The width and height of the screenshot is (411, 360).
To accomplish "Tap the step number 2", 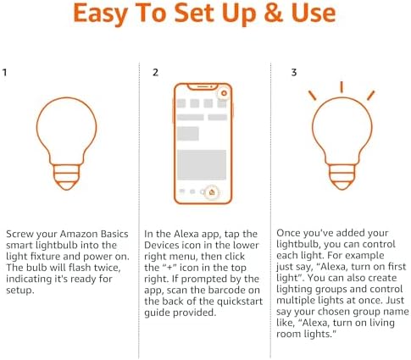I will (155, 73).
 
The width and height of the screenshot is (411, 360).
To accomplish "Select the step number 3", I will (293, 73).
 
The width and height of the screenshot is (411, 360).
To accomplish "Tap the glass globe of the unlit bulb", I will (64, 127).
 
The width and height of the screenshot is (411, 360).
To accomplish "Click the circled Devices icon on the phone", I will (211, 192).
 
